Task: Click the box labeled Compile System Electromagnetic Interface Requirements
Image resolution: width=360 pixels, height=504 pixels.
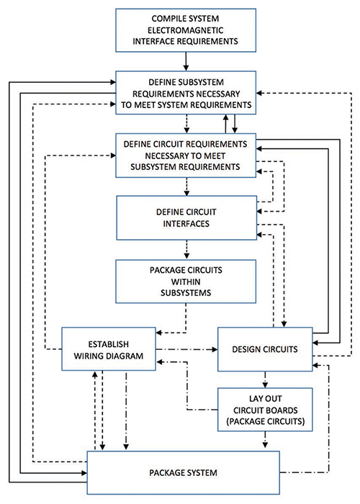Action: pos(186,30)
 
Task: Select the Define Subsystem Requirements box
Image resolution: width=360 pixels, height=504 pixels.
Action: pos(186,93)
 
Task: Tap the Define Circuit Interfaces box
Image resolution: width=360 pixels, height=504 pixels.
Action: pos(186,218)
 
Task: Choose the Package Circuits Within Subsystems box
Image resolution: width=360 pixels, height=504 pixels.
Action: pos(186,282)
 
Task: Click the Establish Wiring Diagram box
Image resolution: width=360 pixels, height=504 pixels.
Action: pos(109,349)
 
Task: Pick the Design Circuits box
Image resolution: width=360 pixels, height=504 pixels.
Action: pos(265,349)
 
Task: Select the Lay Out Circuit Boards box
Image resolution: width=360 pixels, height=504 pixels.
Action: pos(265,410)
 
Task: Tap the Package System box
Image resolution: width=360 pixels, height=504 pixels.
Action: pos(183,473)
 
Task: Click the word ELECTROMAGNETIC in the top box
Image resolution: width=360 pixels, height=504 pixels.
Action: pos(186,30)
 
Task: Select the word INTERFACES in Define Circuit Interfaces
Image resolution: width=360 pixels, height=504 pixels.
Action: pos(186,224)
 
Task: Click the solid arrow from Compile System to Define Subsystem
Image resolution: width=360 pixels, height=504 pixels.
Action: pos(186,61)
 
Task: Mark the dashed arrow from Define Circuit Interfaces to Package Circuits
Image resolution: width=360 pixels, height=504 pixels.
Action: pos(186,249)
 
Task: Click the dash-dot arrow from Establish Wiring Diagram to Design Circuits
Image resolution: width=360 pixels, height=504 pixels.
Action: pos(186,349)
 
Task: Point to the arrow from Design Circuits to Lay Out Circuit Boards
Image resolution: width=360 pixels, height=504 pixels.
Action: pos(265,379)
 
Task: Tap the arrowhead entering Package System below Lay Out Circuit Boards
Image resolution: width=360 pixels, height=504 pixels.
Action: pos(265,445)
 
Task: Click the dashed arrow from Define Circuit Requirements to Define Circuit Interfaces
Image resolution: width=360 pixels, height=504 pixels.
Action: pos(186,186)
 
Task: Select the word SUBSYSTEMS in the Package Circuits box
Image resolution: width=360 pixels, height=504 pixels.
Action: pos(186,293)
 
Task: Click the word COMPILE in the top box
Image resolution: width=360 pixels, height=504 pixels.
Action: pos(168,19)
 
